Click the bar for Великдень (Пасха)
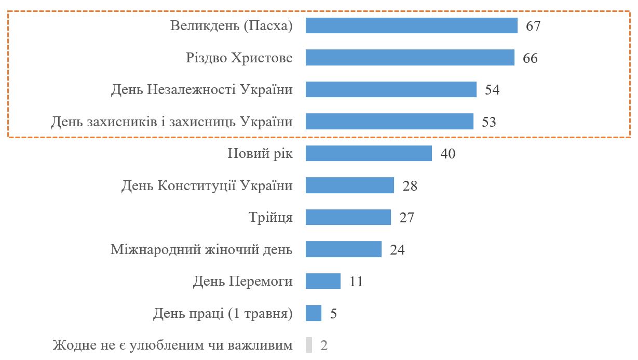(x=411, y=25)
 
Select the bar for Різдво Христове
(x=410, y=58)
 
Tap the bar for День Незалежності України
(x=390, y=89)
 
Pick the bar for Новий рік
(x=369, y=153)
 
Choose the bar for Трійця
(x=348, y=217)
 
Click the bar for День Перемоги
(x=323, y=281)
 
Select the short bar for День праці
(x=314, y=313)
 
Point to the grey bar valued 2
(x=309, y=345)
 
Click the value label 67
(x=533, y=26)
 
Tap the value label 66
(x=530, y=58)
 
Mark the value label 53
(x=489, y=122)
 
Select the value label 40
(x=447, y=154)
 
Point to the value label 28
(x=410, y=186)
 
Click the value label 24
(x=397, y=250)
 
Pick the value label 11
(x=356, y=282)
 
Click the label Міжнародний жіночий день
(x=201, y=249)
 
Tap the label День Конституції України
(x=207, y=185)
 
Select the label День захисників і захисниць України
(x=171, y=122)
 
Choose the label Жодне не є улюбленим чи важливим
(x=172, y=345)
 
